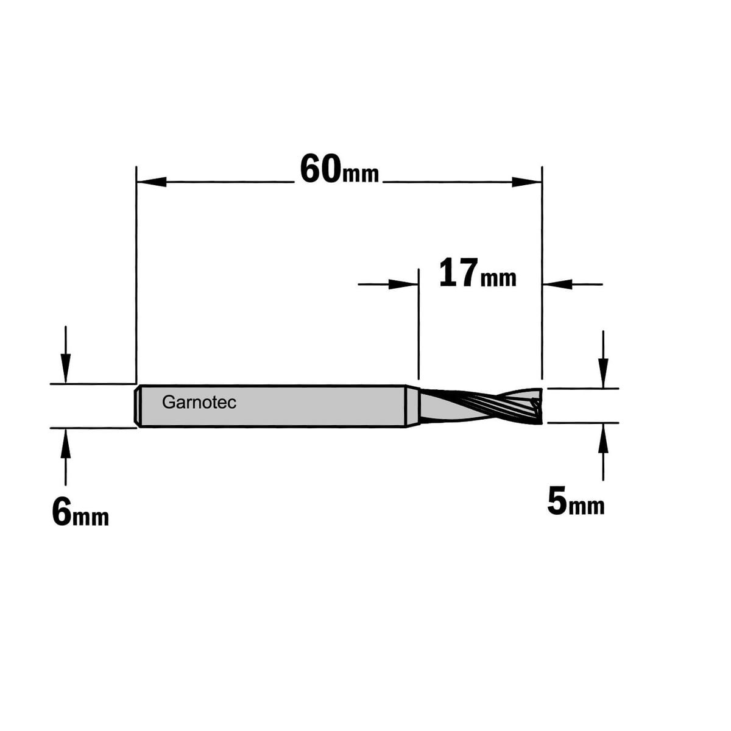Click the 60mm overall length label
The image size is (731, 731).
[x=339, y=169]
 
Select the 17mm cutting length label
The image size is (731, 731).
[x=478, y=274]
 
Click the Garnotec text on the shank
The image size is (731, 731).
[x=199, y=403]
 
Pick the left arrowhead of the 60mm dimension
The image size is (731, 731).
[x=151, y=182]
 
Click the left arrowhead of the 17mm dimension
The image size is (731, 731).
[x=403, y=284]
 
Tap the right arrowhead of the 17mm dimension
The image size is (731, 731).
[x=557, y=284]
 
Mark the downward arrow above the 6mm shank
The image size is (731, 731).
[x=66, y=355]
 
